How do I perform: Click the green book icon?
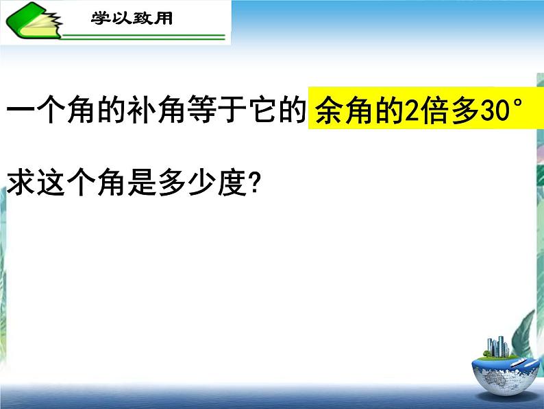pyautogui.click(x=34, y=21)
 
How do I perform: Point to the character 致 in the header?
pyautogui.click(x=143, y=18)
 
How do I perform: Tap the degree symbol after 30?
pyautogui.click(x=517, y=104)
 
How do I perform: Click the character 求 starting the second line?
pyautogui.click(x=20, y=183)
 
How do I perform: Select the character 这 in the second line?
pyautogui.click(x=51, y=183)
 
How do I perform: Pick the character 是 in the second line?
pyautogui.click(x=141, y=183)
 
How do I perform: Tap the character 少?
pyautogui.click(x=201, y=183)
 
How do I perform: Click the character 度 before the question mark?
pyautogui.click(x=232, y=183)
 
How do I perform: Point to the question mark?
pyautogui.click(x=254, y=183)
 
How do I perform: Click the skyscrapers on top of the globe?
pyautogui.click(x=497, y=347)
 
